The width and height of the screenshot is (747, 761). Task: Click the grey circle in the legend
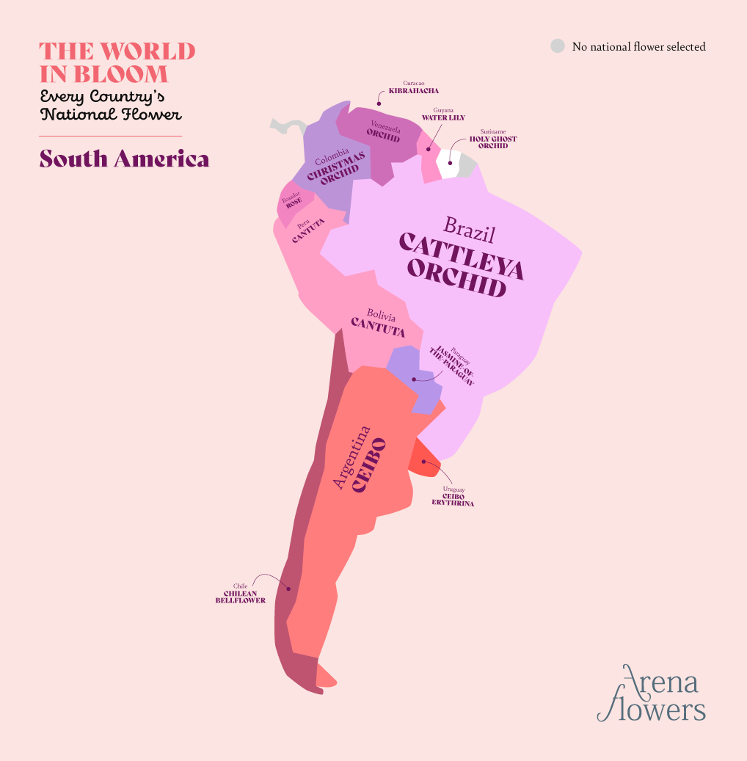tap(558, 46)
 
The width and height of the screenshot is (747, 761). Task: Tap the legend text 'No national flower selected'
tap(638, 47)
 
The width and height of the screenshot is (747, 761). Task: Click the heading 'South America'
tap(124, 159)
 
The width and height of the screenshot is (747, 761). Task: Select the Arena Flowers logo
tap(652, 694)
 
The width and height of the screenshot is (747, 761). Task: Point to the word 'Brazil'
tap(469, 229)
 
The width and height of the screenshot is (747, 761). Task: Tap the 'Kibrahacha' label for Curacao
tap(414, 91)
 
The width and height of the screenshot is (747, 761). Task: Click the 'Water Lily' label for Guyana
tap(443, 117)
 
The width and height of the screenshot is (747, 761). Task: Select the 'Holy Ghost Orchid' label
tap(493, 142)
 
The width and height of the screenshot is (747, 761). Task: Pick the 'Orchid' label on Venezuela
tap(384, 136)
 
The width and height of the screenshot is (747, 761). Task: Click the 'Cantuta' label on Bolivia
tap(379, 327)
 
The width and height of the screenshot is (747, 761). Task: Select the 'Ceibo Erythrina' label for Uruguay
tap(453, 500)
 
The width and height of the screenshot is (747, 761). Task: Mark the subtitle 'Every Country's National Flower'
tap(111, 106)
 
